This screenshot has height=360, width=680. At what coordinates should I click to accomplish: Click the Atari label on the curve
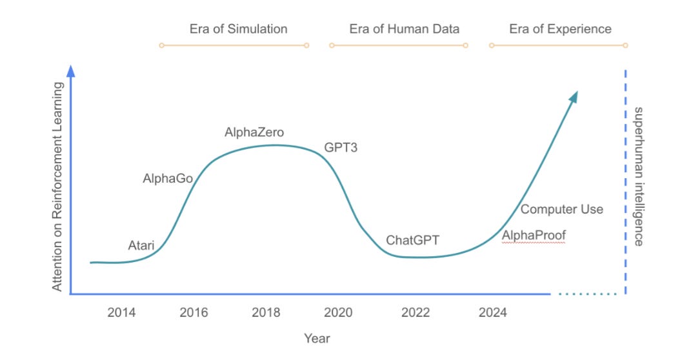[141, 245]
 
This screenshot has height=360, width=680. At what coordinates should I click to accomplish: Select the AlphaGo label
[168, 179]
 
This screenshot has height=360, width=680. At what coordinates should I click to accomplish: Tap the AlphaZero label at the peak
[254, 132]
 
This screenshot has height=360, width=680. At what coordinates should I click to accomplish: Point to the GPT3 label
[341, 148]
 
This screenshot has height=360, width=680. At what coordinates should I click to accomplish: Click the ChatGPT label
[412, 240]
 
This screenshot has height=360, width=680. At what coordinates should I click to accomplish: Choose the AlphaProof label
[534, 235]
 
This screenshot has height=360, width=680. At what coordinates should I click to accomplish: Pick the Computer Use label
[562, 209]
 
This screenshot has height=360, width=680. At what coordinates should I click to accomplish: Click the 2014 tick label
[121, 313]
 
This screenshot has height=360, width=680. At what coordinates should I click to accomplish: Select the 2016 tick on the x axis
[194, 313]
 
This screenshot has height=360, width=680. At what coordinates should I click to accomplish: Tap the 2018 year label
[266, 313]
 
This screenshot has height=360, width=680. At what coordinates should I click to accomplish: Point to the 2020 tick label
[338, 313]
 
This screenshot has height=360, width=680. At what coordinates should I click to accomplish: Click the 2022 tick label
[415, 313]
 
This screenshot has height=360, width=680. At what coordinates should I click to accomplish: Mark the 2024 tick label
[493, 313]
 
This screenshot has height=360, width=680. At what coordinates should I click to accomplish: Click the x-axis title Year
[317, 338]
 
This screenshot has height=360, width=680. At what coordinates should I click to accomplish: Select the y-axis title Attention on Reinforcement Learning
[58, 186]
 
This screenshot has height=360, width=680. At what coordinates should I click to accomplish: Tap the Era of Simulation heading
[238, 29]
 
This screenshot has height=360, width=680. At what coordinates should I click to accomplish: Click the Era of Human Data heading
[405, 29]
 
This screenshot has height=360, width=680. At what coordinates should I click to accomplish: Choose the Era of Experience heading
[560, 29]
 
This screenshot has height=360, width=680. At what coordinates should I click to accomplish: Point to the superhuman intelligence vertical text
[638, 176]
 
